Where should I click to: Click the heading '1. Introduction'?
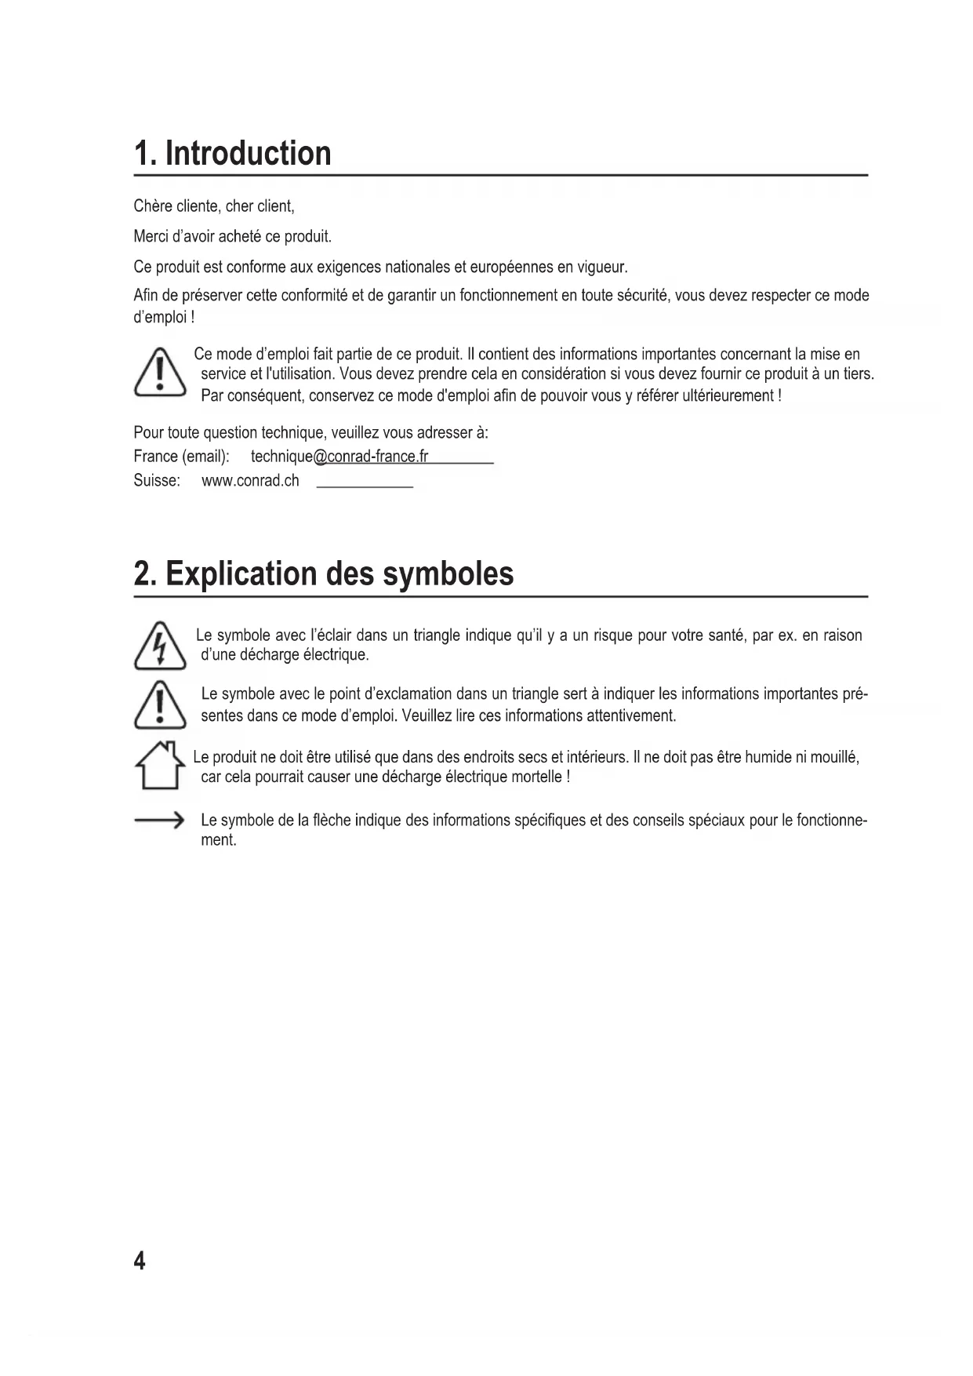coord(233,153)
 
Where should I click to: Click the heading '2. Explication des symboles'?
coord(324,573)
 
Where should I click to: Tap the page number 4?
coord(140,1261)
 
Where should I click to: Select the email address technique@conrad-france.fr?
coord(339,457)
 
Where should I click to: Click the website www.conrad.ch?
coord(250,481)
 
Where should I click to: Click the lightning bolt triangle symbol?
coord(160,646)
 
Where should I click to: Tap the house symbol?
coord(160,765)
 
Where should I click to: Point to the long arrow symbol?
coord(159,821)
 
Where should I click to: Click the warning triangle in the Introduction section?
coord(160,373)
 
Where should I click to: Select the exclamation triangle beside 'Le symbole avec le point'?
coord(160,704)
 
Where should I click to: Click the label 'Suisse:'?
coord(157,481)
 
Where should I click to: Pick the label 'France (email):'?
coord(181,457)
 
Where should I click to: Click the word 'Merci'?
coord(151,236)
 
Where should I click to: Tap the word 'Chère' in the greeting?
coord(152,206)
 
